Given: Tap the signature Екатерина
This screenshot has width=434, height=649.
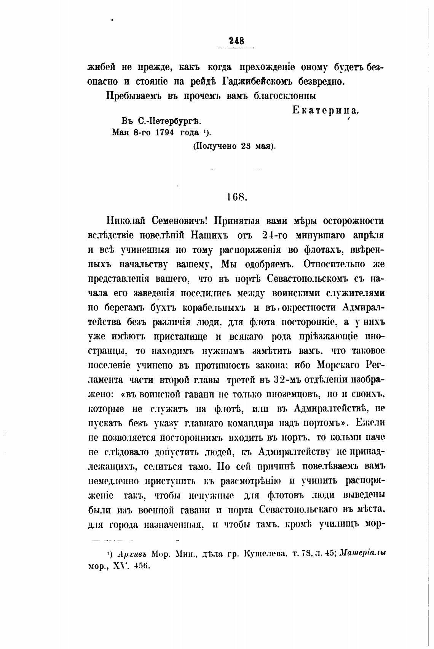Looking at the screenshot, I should pyautogui.click(x=325, y=111).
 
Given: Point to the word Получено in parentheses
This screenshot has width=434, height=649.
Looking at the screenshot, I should pyautogui.click(x=217, y=146).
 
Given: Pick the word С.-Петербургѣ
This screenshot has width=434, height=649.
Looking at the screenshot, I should pyautogui.click(x=167, y=121).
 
